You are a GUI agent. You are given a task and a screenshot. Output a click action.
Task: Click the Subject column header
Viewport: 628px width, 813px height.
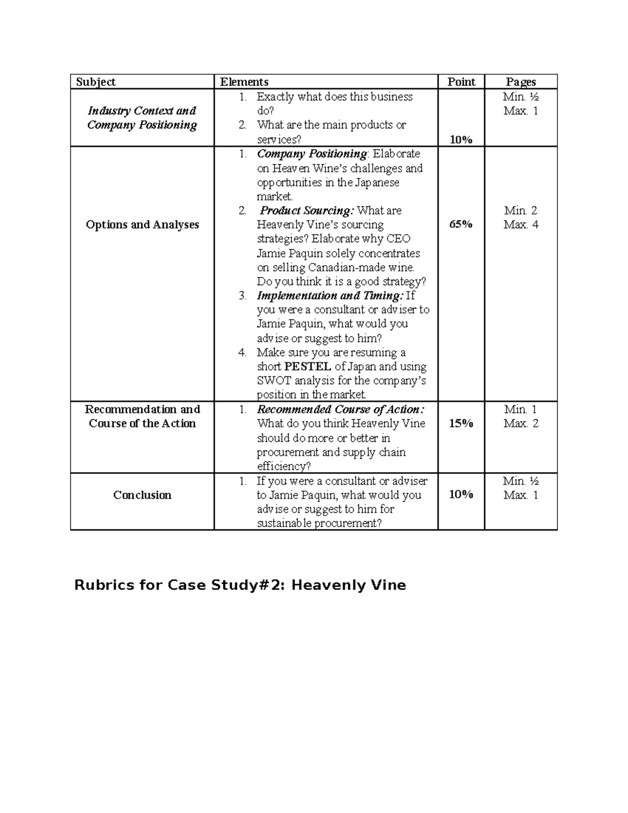click(x=96, y=82)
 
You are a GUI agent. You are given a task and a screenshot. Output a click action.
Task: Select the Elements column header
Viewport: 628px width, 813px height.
click(x=244, y=82)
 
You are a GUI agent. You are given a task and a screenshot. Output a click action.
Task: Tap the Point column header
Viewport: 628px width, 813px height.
click(x=461, y=82)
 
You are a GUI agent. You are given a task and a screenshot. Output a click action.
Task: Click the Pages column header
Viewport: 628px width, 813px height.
click(x=521, y=82)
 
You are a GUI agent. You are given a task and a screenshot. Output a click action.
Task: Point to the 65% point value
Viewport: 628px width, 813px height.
click(x=461, y=224)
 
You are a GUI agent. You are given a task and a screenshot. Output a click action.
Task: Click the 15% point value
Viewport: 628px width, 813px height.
click(x=461, y=424)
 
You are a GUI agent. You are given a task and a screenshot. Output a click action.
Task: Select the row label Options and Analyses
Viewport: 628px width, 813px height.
click(x=142, y=225)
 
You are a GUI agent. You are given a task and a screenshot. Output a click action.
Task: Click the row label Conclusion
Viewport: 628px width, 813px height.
click(x=142, y=495)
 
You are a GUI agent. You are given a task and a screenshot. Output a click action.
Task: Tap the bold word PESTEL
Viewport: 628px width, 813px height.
click(x=307, y=366)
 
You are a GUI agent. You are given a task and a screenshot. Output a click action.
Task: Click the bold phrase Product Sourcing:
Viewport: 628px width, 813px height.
click(x=307, y=210)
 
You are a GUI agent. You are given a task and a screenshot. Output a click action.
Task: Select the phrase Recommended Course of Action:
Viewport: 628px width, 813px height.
click(x=341, y=409)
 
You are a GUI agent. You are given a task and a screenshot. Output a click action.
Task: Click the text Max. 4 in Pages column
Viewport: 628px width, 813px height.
click(x=521, y=225)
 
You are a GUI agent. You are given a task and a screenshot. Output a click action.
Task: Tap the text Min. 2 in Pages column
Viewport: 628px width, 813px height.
click(x=521, y=210)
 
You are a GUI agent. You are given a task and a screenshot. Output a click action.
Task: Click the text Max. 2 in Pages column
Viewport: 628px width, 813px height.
click(x=521, y=424)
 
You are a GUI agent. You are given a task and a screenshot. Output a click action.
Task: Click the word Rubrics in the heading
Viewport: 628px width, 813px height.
click(x=105, y=585)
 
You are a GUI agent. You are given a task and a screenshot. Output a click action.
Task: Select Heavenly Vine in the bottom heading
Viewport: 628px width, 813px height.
click(x=349, y=585)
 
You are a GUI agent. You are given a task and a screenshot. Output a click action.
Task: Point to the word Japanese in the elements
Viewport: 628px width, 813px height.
click(x=377, y=182)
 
